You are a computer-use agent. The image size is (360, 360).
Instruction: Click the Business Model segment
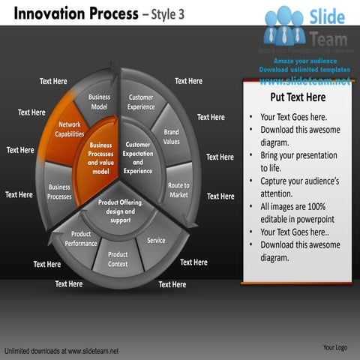(x=99, y=102)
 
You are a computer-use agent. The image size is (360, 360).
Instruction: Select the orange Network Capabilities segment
(x=70, y=129)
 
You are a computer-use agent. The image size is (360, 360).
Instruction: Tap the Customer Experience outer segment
(x=141, y=102)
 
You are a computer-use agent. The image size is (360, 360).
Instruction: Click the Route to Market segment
(x=178, y=190)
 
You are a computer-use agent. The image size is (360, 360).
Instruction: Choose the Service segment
(x=156, y=241)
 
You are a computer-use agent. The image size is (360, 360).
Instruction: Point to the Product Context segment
(x=118, y=259)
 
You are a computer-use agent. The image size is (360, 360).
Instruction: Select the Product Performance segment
(x=81, y=238)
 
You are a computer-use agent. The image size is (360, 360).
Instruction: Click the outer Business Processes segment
(x=59, y=191)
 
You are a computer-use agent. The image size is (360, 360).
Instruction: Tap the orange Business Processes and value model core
(x=100, y=157)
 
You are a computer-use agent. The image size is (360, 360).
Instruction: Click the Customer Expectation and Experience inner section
(x=138, y=157)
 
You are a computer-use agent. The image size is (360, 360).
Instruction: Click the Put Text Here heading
(x=297, y=97)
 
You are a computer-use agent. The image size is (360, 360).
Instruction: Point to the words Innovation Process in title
(x=72, y=13)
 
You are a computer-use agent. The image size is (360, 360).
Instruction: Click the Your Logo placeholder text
(x=334, y=347)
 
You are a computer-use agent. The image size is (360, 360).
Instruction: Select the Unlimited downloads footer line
(x=61, y=350)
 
